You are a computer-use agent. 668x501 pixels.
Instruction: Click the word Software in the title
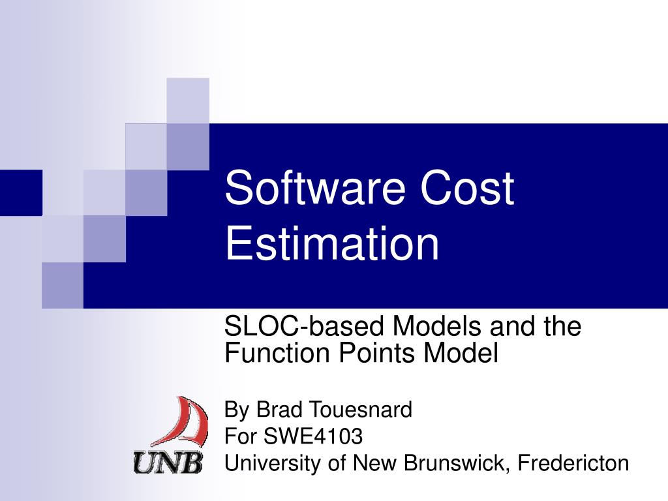point(311,189)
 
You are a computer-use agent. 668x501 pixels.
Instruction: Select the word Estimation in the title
point(332,243)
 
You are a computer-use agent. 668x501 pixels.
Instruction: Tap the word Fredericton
point(573,463)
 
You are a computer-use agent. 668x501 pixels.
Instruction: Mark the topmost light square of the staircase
point(188,100)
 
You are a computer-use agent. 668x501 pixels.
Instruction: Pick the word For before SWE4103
point(237,436)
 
